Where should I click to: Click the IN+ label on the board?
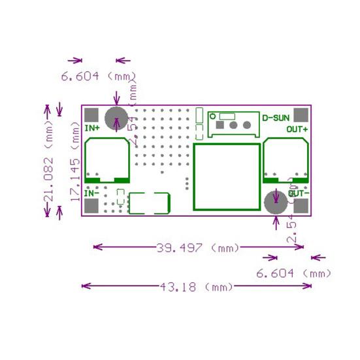click(x=93, y=128)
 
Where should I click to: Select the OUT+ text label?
click(x=297, y=129)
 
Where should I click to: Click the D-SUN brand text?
click(x=274, y=118)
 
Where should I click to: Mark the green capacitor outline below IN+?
click(x=106, y=161)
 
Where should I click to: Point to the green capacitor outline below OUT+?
click(x=286, y=161)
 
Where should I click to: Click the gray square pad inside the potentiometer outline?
click(x=221, y=124)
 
